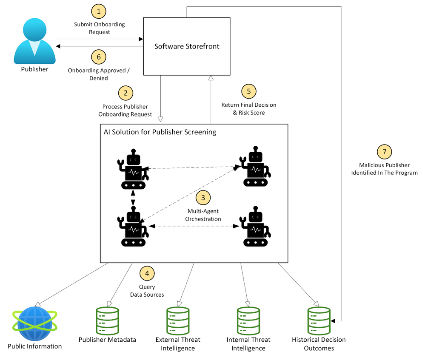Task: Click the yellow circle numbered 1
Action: tap(99, 11)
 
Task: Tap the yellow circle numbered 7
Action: tap(384, 152)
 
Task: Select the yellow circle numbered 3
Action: tap(203, 197)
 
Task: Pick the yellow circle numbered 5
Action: tap(249, 91)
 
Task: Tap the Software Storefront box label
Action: tap(187, 46)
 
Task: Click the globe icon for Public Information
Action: tap(34, 323)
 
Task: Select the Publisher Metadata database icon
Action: tap(107, 320)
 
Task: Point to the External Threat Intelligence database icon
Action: tap(178, 320)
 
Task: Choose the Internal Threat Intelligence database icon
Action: tap(248, 320)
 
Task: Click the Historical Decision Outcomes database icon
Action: tap(319, 320)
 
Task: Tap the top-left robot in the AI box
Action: tap(134, 169)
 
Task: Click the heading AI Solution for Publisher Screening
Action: tap(160, 132)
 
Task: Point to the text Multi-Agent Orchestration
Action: tap(203, 215)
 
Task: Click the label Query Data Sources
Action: tap(147, 291)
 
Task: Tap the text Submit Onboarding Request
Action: tap(100, 28)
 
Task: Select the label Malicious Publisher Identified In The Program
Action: tap(384, 169)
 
